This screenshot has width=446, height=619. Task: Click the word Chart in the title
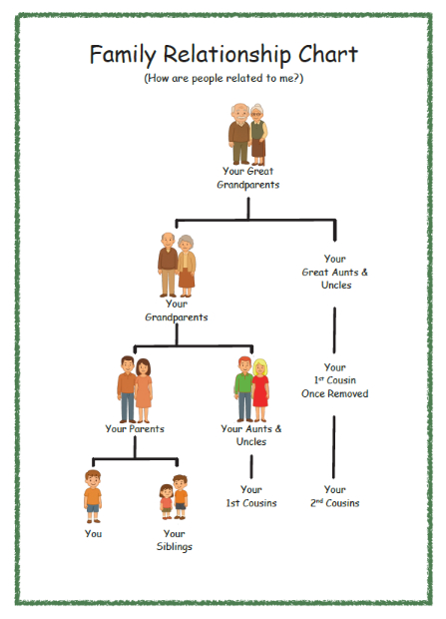click(328, 54)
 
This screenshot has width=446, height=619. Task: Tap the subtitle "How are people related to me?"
click(223, 78)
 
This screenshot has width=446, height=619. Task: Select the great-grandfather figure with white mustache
click(239, 134)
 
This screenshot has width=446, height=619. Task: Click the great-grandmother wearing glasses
click(258, 135)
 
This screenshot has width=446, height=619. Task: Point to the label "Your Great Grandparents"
click(248, 178)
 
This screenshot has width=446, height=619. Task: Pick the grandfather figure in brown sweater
click(169, 265)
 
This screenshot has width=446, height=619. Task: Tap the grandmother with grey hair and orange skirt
click(187, 266)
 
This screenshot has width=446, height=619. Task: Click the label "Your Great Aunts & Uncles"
click(334, 272)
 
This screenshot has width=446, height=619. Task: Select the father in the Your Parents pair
click(127, 389)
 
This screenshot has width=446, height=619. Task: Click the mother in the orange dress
click(144, 390)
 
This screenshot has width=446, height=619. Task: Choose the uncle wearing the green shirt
click(243, 389)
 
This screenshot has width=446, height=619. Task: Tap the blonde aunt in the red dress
click(260, 390)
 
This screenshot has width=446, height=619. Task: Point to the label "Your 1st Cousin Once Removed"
click(334, 380)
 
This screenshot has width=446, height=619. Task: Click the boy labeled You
click(93, 496)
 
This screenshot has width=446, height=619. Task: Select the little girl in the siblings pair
click(167, 502)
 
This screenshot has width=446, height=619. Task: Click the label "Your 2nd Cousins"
click(334, 496)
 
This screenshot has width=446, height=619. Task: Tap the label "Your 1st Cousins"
click(251, 496)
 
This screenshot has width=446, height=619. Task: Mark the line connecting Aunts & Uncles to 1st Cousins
click(251, 466)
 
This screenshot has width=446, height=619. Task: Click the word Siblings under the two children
click(174, 547)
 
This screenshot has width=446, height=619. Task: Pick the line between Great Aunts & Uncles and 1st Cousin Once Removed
click(334, 330)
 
